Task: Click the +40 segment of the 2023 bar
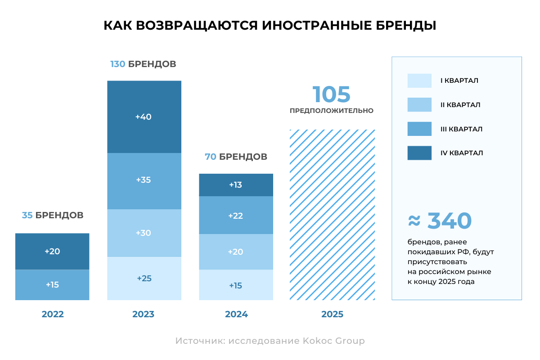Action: coord(144,117)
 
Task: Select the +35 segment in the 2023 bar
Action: coord(144,180)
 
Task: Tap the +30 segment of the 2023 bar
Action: coord(144,233)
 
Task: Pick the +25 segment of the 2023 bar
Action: coord(144,279)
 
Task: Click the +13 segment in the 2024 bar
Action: coord(236,185)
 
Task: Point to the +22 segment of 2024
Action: coord(236,216)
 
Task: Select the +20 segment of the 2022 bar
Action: coord(52,252)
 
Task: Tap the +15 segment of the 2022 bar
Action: coord(52,285)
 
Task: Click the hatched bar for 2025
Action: coord(332,215)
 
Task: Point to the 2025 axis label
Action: coord(332,315)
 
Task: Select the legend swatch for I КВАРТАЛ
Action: coord(419,81)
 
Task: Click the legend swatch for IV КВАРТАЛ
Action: coord(419,153)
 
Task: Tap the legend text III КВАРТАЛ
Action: coord(461,129)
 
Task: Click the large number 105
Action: coord(332,94)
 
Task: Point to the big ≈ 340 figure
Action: coord(440,221)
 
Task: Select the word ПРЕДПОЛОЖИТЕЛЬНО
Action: coord(332,111)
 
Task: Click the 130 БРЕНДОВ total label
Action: coord(143,64)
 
